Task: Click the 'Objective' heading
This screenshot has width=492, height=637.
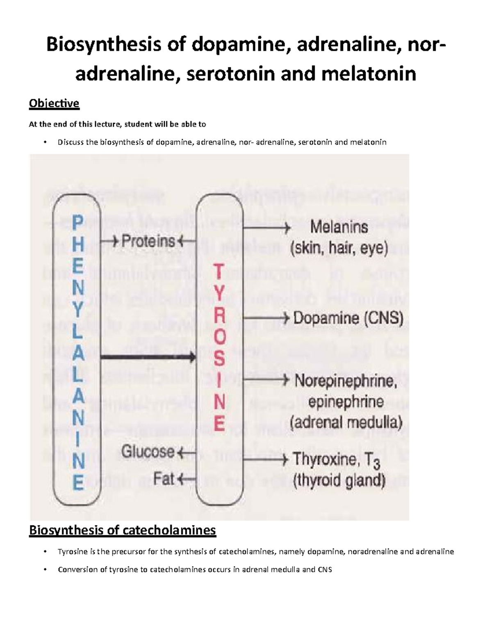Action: coord(54,103)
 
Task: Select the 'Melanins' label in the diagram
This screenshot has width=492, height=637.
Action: coord(339,226)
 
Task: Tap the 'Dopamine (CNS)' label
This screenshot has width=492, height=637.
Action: coord(348,318)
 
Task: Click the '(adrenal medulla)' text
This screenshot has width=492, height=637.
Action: coord(346,422)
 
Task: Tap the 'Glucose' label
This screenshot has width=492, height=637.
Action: coord(148,452)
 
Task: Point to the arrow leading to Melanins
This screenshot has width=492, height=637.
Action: coord(266,228)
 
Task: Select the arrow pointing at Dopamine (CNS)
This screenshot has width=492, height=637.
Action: coord(266,318)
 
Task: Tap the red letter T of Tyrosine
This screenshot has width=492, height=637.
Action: coord(220,272)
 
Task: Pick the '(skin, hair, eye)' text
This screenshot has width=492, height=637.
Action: coord(339,249)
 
